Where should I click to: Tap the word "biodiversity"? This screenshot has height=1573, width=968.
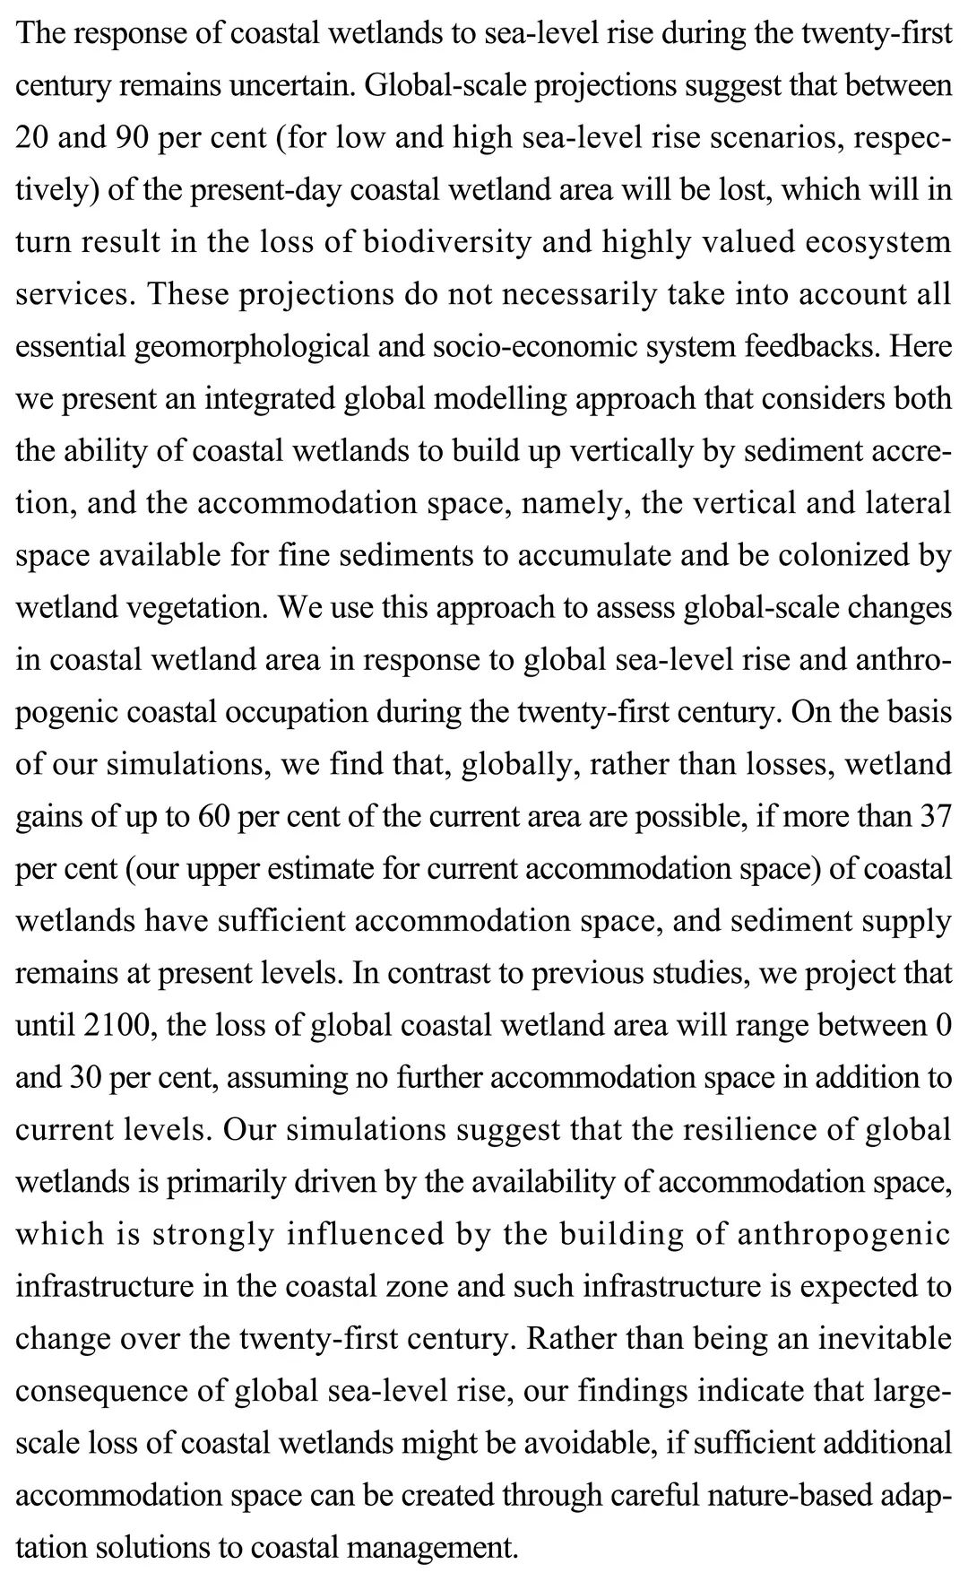pyautogui.click(x=446, y=242)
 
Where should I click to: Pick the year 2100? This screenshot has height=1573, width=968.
pyautogui.click(x=115, y=1025)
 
